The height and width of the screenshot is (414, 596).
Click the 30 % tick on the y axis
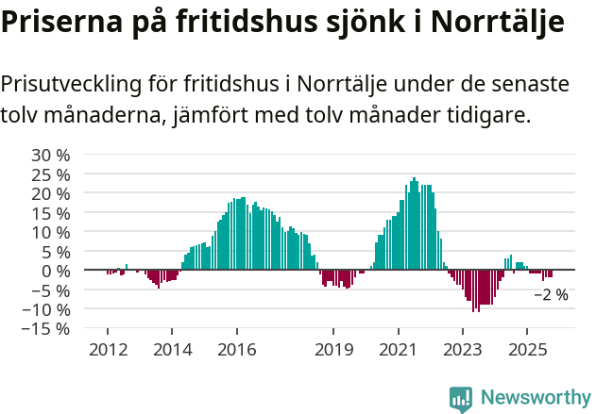51,155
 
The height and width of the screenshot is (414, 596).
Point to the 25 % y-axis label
51,174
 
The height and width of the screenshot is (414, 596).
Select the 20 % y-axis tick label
51,193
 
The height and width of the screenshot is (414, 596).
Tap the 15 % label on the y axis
51,213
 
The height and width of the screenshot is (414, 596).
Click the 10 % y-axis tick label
51,232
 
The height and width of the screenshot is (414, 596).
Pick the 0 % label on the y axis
56,271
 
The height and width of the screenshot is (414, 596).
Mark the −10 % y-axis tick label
47,309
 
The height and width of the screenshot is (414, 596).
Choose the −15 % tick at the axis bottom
47,328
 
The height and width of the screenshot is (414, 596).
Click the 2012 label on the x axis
107,350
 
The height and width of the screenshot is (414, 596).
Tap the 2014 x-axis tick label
172,350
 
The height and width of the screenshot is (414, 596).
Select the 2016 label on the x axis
236,350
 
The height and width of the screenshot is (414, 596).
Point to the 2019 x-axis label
333,350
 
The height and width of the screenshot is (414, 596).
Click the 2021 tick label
398,350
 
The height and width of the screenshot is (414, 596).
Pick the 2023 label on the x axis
462,350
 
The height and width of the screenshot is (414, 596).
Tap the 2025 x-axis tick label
527,350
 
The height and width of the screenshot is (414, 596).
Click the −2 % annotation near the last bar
551,295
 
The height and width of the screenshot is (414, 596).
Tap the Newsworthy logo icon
461,398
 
